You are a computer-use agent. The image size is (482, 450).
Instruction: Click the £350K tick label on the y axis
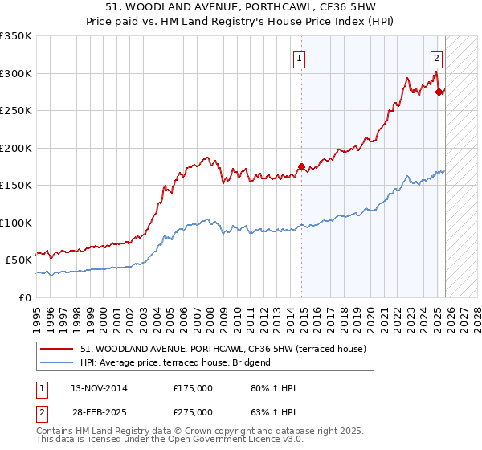[x=16, y=36]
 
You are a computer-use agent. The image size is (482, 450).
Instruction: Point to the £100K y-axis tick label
[x=16, y=223]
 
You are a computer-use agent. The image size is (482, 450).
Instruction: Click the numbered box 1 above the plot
[x=299, y=58]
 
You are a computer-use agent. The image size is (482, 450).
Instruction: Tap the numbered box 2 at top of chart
[x=436, y=58]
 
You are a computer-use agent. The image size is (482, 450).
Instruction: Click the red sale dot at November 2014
[x=301, y=167]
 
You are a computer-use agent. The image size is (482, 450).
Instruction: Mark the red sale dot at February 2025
[x=439, y=92]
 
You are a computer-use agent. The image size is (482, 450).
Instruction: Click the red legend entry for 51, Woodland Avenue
[x=223, y=349]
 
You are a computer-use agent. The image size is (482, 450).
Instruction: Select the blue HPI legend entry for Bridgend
[x=175, y=362]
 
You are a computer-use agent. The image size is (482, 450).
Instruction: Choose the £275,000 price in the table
[x=193, y=412]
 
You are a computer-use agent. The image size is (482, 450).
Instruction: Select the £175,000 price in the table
[x=193, y=389]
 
